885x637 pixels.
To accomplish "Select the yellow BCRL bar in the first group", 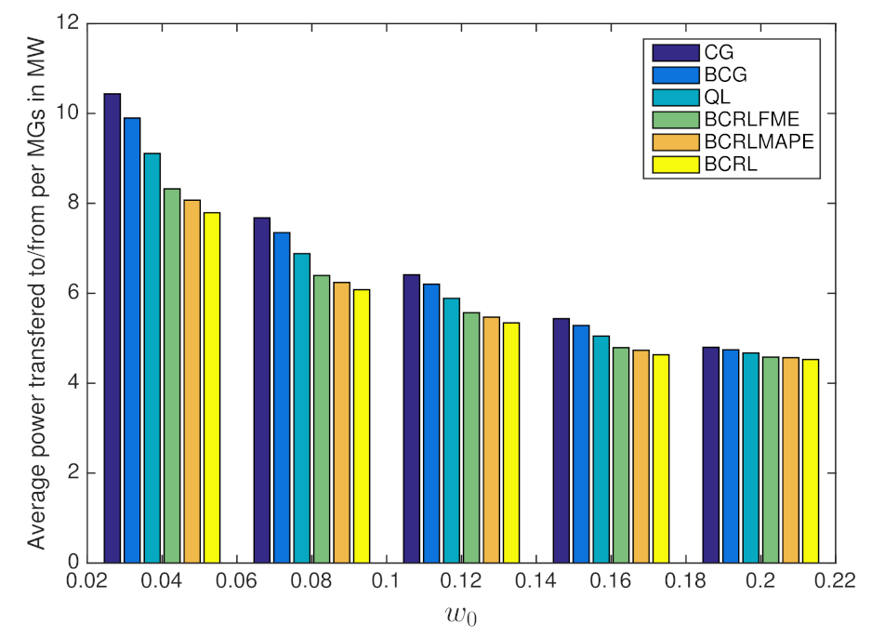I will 212,387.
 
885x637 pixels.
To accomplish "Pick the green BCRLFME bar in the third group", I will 472,437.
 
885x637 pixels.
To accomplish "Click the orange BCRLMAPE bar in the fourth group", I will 641,456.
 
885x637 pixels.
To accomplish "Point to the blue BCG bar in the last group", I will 731,456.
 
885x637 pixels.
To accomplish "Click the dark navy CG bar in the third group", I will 412,418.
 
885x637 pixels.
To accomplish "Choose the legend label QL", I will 716,97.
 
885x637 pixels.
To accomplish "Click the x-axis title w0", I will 461,615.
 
